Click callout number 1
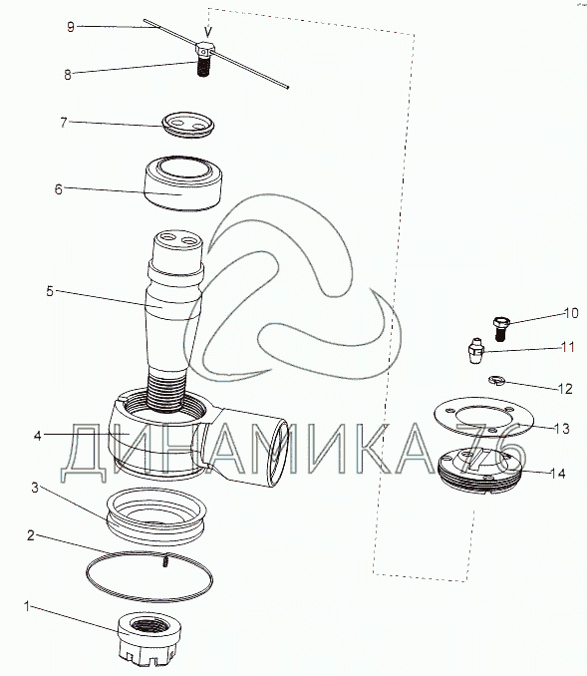pos(27,606)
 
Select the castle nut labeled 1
pos(149,635)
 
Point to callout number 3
pos(35,488)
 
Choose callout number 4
pos(38,436)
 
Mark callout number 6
pos(58,189)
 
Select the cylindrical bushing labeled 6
pos(182,183)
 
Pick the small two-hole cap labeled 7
pos(188,125)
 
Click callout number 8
pos(67,75)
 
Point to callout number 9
pos(71,27)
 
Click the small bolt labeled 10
pos(501,328)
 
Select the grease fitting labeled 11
pos(475,351)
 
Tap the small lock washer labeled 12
pos(497,380)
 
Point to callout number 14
pos(557,473)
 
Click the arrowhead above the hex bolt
pos(208,32)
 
